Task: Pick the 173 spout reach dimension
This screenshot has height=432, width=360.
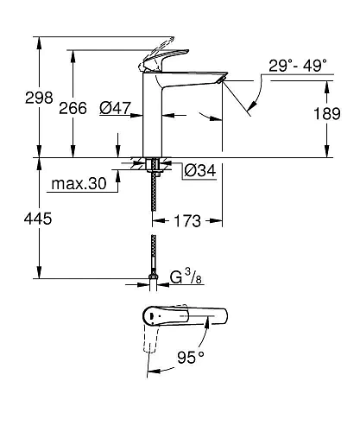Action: (x=188, y=221)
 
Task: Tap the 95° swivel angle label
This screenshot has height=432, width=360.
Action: (x=190, y=355)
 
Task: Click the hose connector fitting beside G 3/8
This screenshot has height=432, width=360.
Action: (x=154, y=279)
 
